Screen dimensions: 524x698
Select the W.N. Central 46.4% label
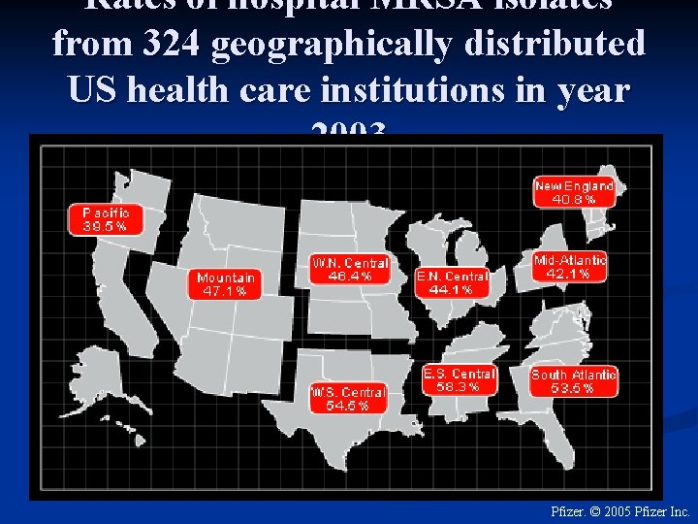coord(350,269)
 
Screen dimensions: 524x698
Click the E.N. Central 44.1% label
coord(452,281)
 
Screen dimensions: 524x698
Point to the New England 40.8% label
coord(574,191)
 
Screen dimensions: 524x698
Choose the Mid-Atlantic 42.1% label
coord(570,266)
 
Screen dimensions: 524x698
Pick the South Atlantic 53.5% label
coord(574,380)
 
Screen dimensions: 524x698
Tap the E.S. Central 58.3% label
coord(460,378)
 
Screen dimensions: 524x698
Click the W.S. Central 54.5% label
coord(347,398)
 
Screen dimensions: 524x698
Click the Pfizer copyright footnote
coord(619,510)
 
